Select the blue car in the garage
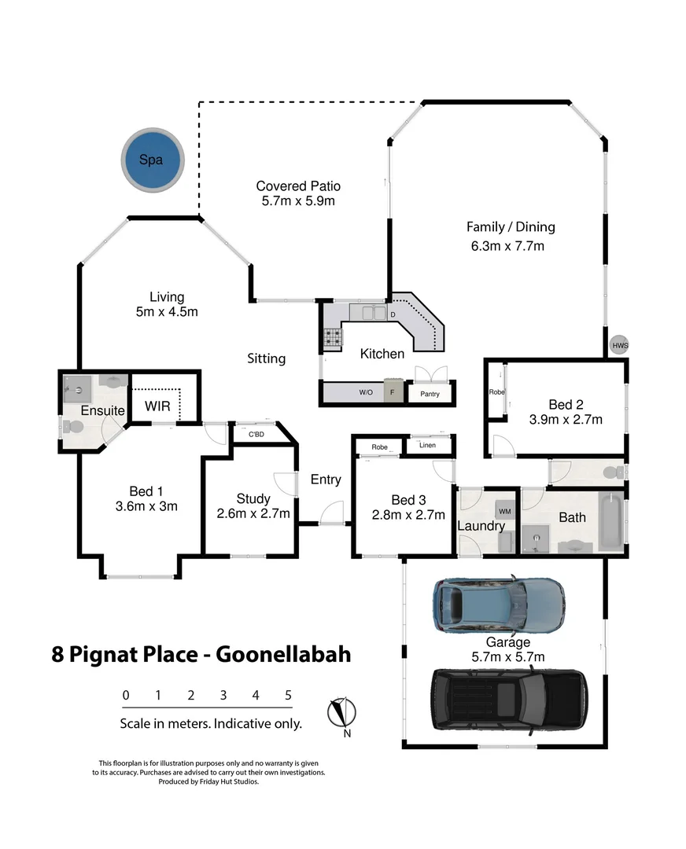[498, 604]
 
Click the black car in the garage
[508, 695]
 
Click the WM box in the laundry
[504, 512]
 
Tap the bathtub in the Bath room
[610, 521]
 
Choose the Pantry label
[430, 394]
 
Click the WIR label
[158, 407]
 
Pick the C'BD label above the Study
[256, 434]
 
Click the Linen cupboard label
[427, 446]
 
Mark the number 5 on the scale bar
[289, 695]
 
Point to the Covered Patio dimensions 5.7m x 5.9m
[298, 201]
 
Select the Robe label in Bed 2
[496, 391]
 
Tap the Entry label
[326, 480]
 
